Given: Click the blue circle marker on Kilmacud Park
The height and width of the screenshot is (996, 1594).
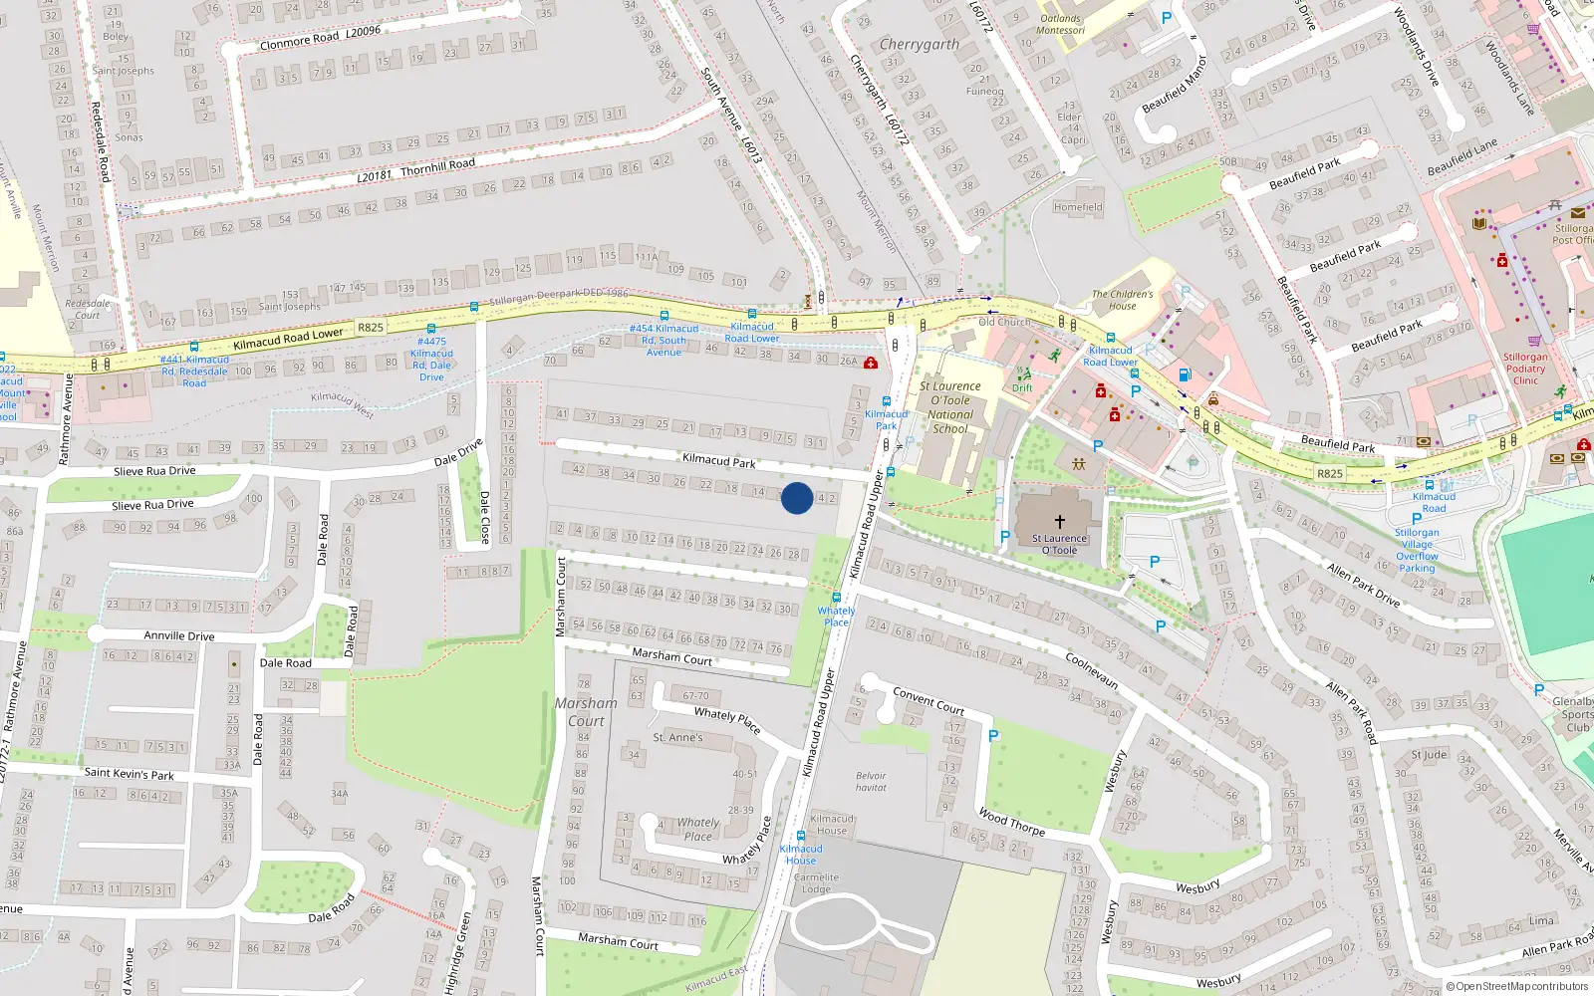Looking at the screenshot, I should click(x=797, y=498).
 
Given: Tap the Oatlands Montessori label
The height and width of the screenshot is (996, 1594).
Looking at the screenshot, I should click(x=1061, y=24).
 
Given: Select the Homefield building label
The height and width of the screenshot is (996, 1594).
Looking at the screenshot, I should click(x=1078, y=207).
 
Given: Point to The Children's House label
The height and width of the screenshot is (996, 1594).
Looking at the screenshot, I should click(x=1122, y=300).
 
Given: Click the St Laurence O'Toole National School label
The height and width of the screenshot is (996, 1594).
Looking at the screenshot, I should click(x=949, y=407).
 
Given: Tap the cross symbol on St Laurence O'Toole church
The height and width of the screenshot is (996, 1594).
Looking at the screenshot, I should click(x=1060, y=521).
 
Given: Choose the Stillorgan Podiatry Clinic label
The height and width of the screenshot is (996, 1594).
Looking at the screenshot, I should click(x=1525, y=369).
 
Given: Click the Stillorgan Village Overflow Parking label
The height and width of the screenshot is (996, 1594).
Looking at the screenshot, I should click(x=1417, y=550).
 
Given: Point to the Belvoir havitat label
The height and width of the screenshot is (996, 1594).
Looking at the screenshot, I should click(x=871, y=782).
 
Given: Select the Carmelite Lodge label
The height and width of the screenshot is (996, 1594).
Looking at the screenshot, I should click(x=816, y=883).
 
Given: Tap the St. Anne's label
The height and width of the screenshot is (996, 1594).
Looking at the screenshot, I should click(x=677, y=738).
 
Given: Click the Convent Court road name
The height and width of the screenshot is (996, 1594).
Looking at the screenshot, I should click(x=929, y=701).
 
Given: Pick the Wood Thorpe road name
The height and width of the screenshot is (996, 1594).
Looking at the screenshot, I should click(x=1011, y=822).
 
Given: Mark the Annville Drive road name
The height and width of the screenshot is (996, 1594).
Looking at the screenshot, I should click(x=179, y=635).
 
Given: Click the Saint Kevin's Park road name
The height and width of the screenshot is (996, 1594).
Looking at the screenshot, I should click(x=129, y=773).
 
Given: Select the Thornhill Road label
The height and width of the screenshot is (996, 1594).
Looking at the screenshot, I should click(x=437, y=166).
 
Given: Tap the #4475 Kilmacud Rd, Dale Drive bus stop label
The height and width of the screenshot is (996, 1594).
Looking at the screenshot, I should click(x=432, y=359).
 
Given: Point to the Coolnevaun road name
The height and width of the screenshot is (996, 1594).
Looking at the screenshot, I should click(x=1092, y=672).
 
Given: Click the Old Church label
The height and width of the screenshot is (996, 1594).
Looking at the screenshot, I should click(x=1004, y=322).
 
